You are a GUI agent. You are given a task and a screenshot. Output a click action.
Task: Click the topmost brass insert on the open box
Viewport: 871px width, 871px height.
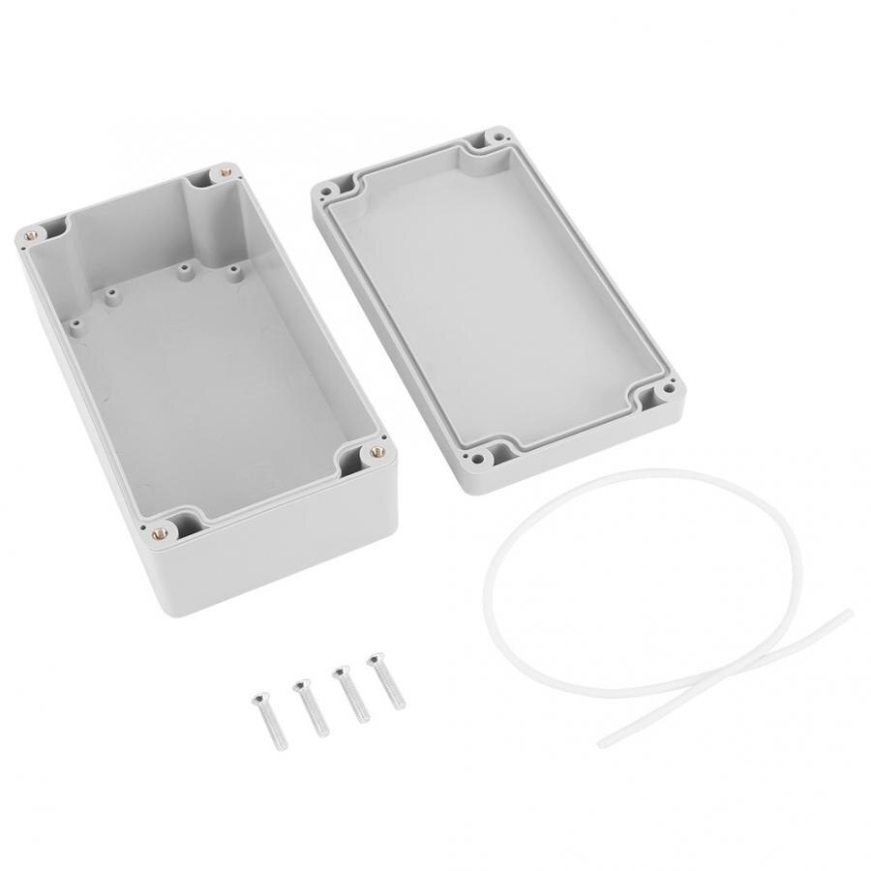225,173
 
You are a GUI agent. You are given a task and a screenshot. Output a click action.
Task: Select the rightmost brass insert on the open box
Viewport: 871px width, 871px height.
376,451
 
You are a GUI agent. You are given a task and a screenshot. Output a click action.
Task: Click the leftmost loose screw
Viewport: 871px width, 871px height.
270,723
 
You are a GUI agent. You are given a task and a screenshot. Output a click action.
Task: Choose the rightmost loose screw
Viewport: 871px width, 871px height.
386,683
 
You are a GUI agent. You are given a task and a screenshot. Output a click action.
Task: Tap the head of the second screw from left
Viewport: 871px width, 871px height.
301,685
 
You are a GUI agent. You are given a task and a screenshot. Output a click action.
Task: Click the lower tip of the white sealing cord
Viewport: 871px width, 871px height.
602,743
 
